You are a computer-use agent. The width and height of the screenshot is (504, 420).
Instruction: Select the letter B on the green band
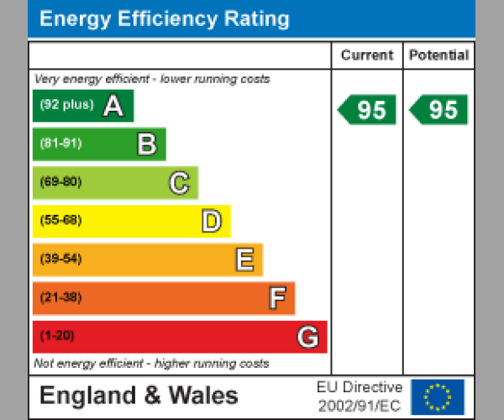(x=146, y=144)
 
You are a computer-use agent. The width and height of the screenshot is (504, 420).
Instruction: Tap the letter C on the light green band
(x=179, y=183)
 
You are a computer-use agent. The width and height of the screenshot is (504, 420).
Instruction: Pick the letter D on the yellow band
(x=211, y=222)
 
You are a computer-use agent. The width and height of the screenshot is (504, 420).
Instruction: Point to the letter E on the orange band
(x=244, y=260)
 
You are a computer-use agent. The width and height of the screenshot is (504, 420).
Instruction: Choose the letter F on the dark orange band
(x=276, y=298)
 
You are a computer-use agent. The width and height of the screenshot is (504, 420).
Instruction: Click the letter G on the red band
(x=308, y=337)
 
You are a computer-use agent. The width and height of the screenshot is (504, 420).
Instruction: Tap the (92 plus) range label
(x=66, y=105)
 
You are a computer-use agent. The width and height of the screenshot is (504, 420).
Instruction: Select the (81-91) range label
(x=60, y=144)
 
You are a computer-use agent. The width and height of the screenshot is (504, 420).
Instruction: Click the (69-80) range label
(x=60, y=182)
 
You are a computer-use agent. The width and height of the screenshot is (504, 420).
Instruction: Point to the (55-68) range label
(x=60, y=221)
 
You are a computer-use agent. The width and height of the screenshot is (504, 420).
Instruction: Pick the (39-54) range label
(x=60, y=260)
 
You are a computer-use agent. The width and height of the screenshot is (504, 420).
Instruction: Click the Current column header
(x=366, y=55)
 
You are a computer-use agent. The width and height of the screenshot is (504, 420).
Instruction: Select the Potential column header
(x=438, y=55)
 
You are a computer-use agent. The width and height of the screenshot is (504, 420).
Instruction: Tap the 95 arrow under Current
(x=367, y=110)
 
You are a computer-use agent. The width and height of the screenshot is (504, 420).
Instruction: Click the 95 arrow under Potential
(x=438, y=110)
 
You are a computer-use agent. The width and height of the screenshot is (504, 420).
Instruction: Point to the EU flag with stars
(x=438, y=396)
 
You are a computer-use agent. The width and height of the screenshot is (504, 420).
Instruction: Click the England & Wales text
(x=139, y=396)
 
